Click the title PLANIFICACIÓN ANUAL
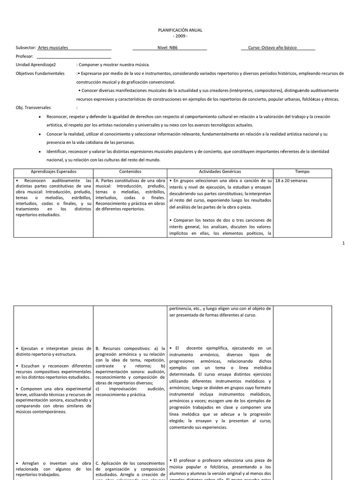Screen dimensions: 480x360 pos(180,30)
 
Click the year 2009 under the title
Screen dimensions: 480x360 pos(180,36)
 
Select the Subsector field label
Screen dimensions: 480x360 pos(26,48)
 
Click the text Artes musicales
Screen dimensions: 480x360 pos(52,48)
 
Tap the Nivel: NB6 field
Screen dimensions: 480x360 pos(170,48)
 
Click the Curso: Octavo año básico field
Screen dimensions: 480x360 pos(278,48)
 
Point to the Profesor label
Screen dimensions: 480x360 pos(24,56)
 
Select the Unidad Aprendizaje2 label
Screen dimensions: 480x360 pos(36,65)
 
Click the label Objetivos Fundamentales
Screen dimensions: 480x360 pos(40,74)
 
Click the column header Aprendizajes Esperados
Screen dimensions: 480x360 pos(53,172)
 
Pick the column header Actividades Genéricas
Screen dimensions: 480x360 pos(220,172)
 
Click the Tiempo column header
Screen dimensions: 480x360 pos(302,172)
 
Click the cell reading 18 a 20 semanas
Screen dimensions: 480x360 pos(292,180)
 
